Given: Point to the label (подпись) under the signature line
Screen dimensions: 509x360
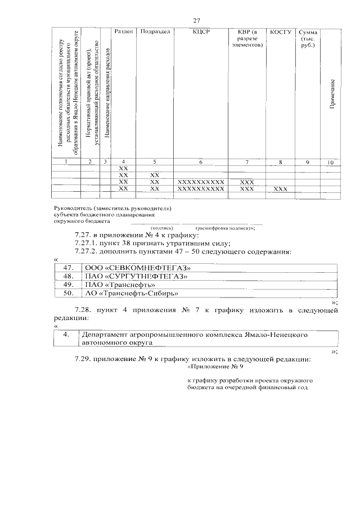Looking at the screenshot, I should [x=154, y=227].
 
